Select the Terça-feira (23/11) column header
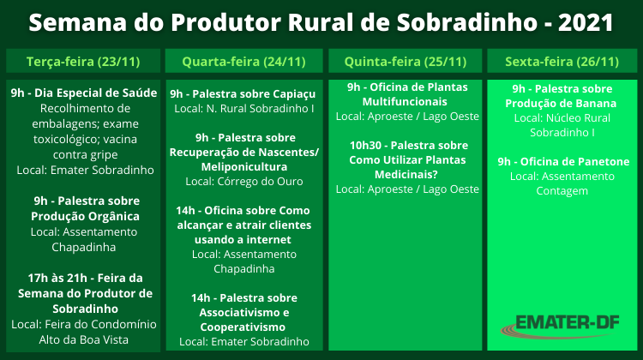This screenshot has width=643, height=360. click(x=83, y=62)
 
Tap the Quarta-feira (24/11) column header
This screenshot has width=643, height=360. click(x=244, y=62)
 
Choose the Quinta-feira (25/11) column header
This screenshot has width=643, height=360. click(x=406, y=62)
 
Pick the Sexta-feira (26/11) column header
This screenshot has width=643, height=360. click(x=562, y=62)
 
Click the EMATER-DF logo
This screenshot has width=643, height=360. click(x=560, y=326)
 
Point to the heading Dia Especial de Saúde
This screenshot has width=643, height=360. click(x=95, y=93)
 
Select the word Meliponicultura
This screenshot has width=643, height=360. click(x=244, y=167)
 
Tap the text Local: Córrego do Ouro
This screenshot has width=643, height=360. click(x=244, y=181)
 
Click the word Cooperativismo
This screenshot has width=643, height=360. click(x=243, y=327)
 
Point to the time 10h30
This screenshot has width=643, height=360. click(x=365, y=146)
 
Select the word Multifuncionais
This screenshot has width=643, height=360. click(x=405, y=102)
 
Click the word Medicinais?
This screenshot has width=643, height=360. click(x=406, y=175)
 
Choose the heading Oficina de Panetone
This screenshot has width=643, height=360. click(x=575, y=161)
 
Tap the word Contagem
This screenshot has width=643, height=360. click(x=562, y=191)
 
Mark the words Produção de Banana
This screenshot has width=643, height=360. click(x=561, y=104)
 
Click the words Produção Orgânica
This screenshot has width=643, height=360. click(x=85, y=217)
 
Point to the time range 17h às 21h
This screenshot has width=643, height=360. click(x=57, y=278)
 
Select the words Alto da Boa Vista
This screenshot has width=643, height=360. click(x=84, y=340)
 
